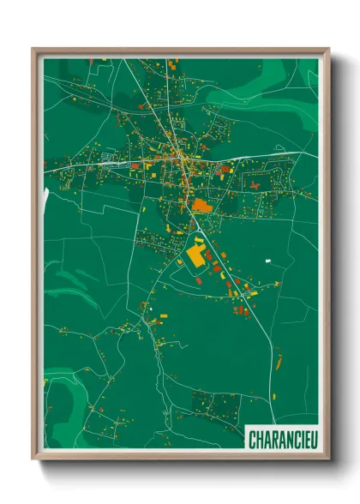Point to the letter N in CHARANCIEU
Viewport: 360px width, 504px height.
coord(282,440)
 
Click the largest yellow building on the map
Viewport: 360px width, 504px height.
coord(196,254)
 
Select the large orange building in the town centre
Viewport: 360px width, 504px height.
coord(201,205)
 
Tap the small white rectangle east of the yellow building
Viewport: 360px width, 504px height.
coord(268,260)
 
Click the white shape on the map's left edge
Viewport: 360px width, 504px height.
coord(45,196)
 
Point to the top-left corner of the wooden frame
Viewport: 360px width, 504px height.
coord(33,49)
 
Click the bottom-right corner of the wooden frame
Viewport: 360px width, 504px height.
coord(328,459)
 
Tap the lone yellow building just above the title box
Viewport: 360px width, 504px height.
coord(273,396)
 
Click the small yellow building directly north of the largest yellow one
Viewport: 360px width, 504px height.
coord(199,241)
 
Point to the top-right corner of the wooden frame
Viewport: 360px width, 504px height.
coord(328,49)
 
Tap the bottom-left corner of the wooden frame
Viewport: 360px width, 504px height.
coord(33,459)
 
